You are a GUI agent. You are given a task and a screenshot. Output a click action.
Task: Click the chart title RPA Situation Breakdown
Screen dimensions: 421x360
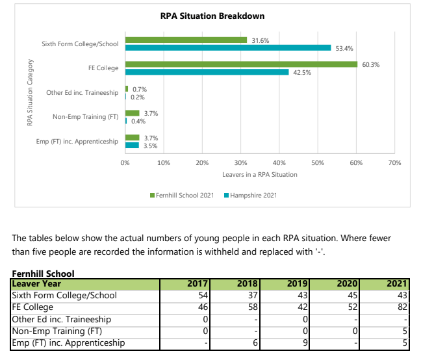[x=212, y=16]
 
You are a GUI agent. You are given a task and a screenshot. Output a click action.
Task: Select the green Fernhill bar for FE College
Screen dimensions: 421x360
[x=242, y=64]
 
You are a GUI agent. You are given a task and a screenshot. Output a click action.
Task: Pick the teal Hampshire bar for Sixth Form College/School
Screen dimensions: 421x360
[x=228, y=48]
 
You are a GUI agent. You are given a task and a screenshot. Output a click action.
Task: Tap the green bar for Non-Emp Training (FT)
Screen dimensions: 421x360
[x=133, y=113]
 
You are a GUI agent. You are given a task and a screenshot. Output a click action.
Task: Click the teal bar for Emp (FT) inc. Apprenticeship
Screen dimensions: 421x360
[x=132, y=146]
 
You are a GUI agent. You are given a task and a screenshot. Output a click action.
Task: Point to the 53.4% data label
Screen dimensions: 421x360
[x=344, y=49]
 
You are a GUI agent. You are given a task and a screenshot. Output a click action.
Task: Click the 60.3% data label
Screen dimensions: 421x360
[x=371, y=65]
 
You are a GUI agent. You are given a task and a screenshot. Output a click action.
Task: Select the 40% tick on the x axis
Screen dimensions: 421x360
[x=279, y=163]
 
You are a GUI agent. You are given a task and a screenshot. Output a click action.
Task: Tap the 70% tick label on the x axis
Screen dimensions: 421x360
[x=395, y=163]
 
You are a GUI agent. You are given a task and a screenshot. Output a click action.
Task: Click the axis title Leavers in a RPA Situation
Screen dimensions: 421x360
[x=260, y=175]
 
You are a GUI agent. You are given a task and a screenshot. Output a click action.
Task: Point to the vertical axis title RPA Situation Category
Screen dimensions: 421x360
[x=30, y=92]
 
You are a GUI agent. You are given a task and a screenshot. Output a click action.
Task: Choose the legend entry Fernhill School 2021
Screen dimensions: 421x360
[x=182, y=195]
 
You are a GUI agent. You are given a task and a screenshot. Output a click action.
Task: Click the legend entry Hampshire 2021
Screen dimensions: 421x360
[x=251, y=195]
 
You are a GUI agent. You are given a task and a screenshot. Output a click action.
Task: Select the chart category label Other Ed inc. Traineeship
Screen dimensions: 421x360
[x=82, y=93]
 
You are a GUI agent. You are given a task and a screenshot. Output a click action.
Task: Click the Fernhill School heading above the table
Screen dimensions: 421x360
[x=44, y=274]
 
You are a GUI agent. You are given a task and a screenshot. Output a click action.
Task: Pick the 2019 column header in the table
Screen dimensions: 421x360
[x=285, y=284]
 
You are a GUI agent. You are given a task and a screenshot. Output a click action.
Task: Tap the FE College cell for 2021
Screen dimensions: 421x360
[x=384, y=307]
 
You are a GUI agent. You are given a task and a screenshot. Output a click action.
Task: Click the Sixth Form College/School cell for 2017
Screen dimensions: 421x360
[x=185, y=295]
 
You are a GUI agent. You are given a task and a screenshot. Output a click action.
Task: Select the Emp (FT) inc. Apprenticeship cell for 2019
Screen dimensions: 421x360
[x=285, y=343]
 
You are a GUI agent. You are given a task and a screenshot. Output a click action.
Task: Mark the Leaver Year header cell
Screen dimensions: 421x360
[x=85, y=284]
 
